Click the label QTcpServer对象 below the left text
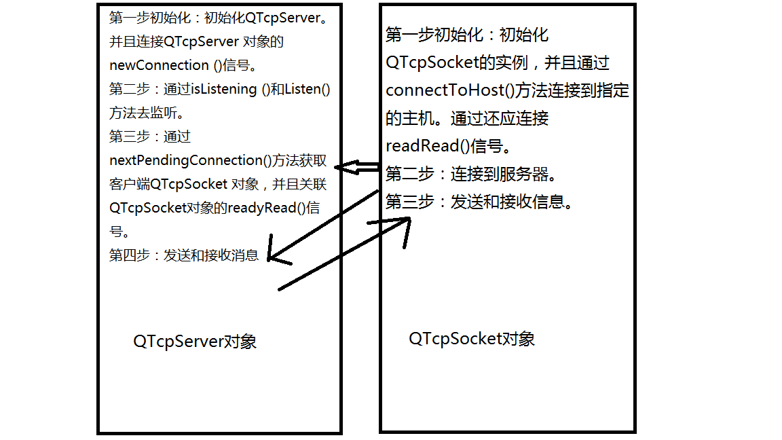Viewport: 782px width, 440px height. click(195, 342)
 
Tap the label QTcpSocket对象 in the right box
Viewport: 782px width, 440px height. click(472, 339)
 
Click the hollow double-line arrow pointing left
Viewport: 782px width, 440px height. click(356, 167)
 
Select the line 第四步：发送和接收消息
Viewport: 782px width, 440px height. click(184, 255)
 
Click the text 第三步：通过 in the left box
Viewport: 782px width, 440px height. click(150, 136)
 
